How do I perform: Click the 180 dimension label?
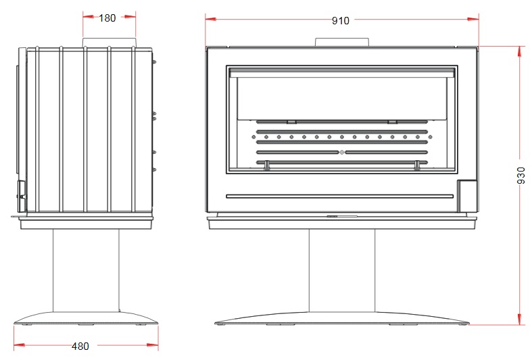click(107, 18)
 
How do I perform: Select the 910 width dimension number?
click(340, 21)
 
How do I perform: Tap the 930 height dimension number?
click(521, 175)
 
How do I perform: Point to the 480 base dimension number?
click(80, 346)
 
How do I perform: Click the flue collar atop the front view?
click(341, 43)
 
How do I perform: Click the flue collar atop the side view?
click(110, 43)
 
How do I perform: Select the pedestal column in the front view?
click(342, 271)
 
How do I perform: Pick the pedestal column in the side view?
click(86, 271)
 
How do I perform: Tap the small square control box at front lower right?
click(467, 196)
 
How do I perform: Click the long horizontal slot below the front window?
click(339, 197)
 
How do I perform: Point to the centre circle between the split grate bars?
click(342, 153)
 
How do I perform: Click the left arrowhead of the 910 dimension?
click(211, 20)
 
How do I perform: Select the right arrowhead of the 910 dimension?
click(473, 20)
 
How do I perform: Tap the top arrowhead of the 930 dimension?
click(519, 52)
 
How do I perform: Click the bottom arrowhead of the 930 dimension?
click(519, 319)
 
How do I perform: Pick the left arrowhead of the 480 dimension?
click(20, 345)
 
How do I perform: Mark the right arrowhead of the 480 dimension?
click(153, 345)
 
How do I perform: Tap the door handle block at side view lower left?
click(22, 196)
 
